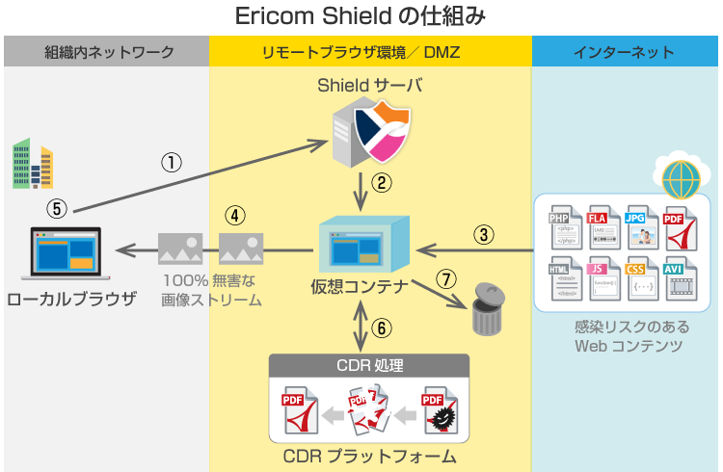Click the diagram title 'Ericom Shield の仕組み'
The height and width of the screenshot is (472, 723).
361,16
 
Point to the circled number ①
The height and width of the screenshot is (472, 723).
171,162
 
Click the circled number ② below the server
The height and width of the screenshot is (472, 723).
383,181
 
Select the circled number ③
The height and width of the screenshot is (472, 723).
484,232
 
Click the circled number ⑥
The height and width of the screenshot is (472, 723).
383,327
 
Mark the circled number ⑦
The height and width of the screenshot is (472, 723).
445,279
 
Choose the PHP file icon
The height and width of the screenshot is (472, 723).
564,228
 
